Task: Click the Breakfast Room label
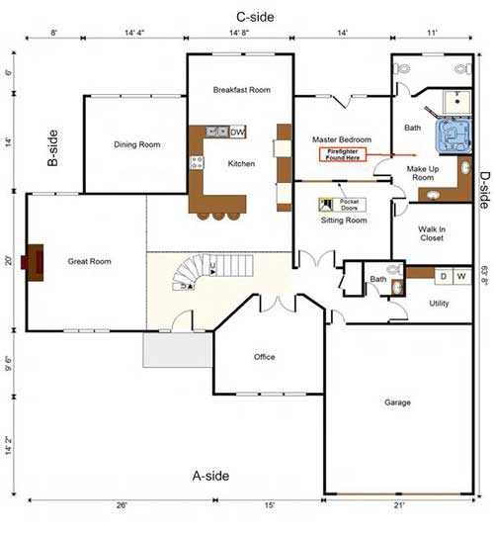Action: pos(241,90)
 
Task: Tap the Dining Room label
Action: pos(137,145)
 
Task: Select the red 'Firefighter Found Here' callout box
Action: pos(343,154)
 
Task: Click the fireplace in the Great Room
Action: pos(35,262)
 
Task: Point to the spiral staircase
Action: pos(195,274)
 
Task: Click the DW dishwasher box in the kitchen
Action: pos(237,131)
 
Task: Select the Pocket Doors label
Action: pos(350,206)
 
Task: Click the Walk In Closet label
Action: pos(431,233)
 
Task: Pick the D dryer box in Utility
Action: pos(443,276)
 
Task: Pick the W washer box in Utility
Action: pos(460,276)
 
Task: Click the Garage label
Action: pos(398,403)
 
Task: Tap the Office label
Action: pos(264,357)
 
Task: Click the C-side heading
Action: pos(255,17)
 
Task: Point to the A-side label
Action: pos(209,476)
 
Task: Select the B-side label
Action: pos(55,147)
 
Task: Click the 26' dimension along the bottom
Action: pos(121,505)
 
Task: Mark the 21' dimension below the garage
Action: pos(398,505)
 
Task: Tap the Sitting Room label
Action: pos(344,221)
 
